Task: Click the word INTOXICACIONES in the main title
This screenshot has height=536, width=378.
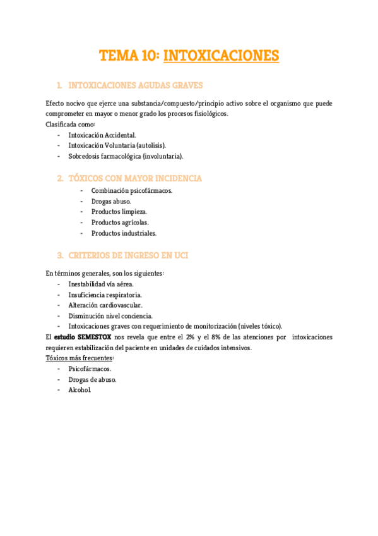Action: tap(221, 56)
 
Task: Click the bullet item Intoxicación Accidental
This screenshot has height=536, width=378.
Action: tap(102, 135)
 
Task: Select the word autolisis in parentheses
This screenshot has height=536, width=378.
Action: tap(152, 145)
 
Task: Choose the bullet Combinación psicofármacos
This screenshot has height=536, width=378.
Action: tap(131, 190)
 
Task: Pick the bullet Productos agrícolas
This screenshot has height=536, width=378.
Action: tap(120, 222)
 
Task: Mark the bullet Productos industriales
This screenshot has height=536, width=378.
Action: tap(124, 233)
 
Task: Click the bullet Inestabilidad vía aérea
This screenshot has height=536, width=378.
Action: tap(101, 284)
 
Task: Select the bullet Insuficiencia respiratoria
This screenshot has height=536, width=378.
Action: tap(105, 295)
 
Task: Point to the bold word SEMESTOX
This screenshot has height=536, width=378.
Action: tap(95, 338)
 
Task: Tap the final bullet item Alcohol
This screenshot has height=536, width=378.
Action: tap(80, 390)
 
